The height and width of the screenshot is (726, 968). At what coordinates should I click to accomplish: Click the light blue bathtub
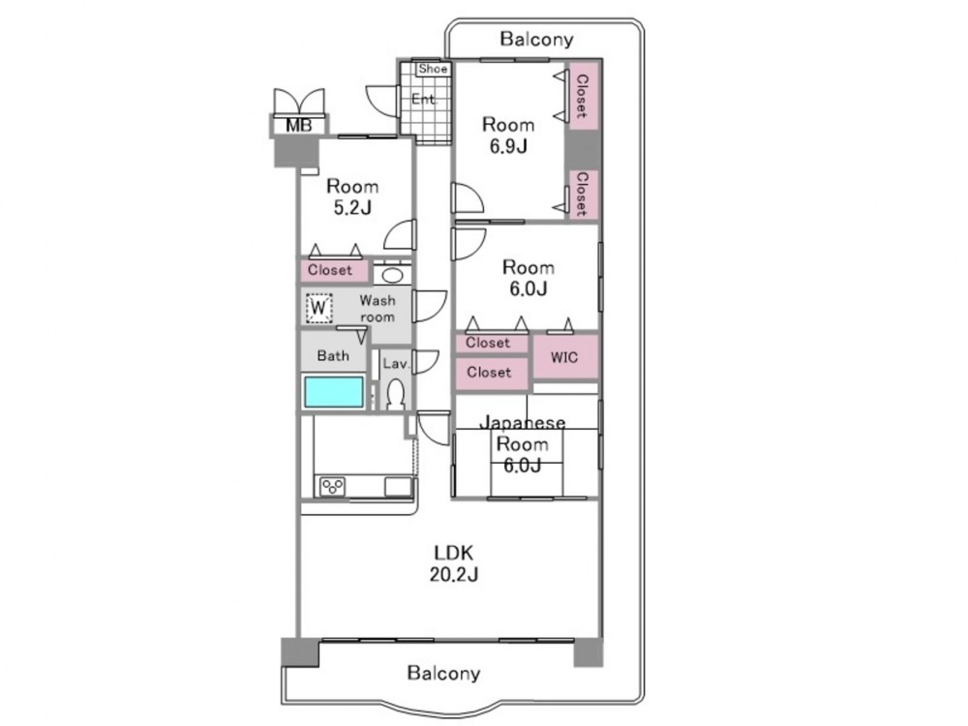[333, 391]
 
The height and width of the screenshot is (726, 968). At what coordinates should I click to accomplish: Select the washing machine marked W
[318, 308]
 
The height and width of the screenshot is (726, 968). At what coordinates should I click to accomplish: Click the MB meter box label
[299, 126]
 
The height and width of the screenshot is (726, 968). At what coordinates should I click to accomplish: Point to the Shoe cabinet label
[433, 69]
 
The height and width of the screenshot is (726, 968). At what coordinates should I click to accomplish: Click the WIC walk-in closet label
[564, 357]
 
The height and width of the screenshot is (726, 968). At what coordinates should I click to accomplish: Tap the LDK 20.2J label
[454, 563]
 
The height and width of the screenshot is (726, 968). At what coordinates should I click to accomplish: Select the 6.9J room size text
[508, 146]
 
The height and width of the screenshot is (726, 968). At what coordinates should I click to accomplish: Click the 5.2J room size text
[352, 207]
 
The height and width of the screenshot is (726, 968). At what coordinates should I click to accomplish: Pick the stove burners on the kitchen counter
[333, 487]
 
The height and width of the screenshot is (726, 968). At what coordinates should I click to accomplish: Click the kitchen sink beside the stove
[398, 487]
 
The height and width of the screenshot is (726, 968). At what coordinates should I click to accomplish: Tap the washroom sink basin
[392, 274]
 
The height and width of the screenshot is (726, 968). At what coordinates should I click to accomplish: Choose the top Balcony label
[536, 40]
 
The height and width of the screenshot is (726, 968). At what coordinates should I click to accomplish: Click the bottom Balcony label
[444, 673]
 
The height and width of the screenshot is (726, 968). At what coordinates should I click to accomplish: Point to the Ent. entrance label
[424, 99]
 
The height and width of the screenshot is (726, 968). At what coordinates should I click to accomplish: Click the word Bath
[333, 355]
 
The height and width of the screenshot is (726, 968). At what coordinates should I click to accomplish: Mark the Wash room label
[378, 309]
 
